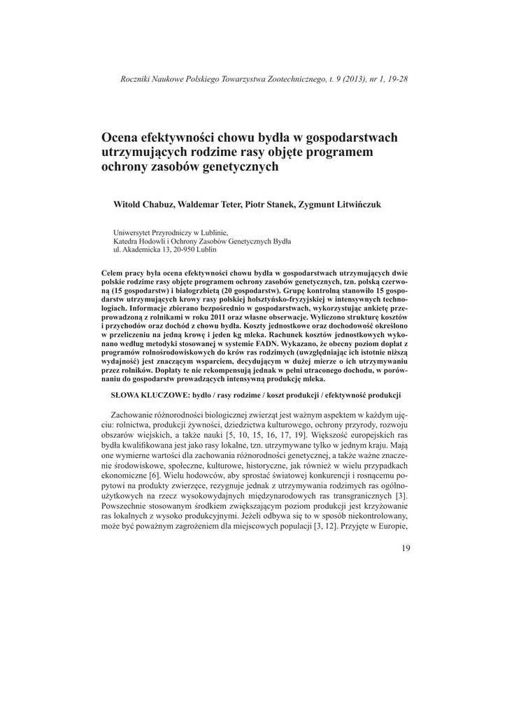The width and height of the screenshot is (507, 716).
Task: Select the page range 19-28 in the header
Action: point(394,79)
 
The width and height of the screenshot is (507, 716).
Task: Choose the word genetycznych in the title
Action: point(238,167)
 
